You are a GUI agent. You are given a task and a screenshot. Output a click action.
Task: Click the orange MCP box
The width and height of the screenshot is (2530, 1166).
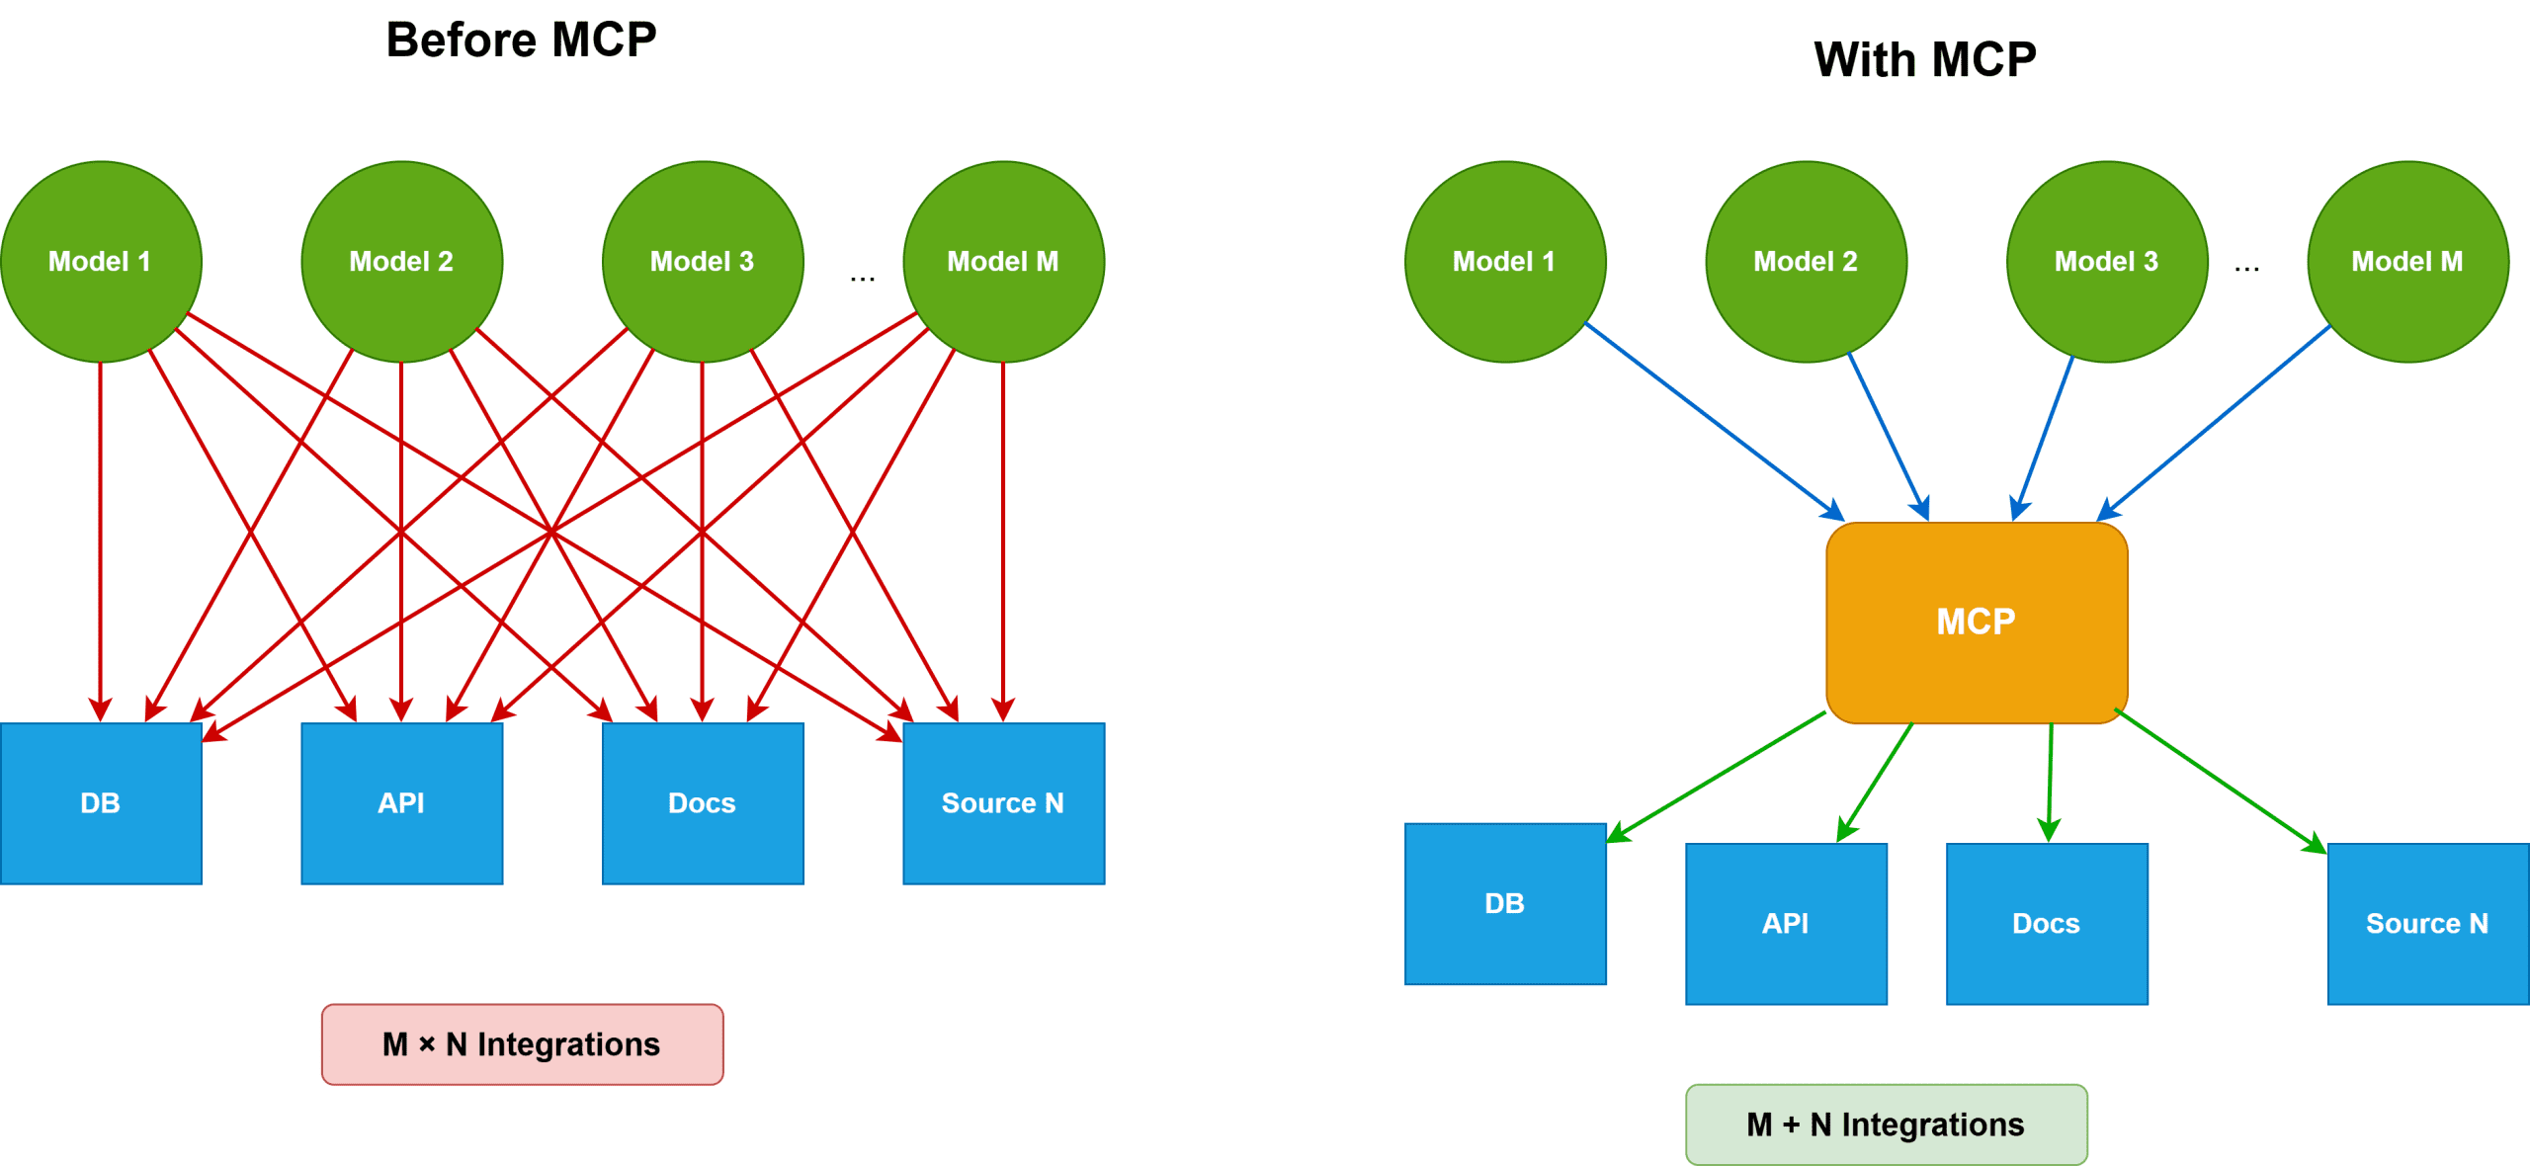click(1977, 623)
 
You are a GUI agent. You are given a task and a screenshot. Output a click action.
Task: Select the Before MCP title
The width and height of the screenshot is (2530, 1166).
click(521, 41)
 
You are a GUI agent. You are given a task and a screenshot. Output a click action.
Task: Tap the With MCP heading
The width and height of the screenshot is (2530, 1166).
click(1924, 59)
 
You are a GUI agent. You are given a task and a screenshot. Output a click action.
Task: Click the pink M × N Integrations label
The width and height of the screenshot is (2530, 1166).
click(522, 1044)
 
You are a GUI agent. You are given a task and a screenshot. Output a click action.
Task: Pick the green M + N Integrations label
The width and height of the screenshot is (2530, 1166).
click(1886, 1124)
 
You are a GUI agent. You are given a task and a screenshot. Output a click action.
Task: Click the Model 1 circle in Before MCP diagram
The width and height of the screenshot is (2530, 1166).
click(101, 261)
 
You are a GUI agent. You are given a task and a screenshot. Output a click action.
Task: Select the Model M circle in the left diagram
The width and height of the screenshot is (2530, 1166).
click(1003, 261)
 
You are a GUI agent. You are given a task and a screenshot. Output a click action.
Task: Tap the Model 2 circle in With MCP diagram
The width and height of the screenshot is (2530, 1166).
click(1806, 261)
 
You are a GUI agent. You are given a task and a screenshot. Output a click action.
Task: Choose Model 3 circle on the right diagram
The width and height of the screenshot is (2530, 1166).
click(2106, 261)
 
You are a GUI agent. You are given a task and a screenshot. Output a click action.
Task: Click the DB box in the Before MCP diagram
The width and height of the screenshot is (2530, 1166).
click(101, 803)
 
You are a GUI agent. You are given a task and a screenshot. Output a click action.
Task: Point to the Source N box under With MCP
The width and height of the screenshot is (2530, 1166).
click(2427, 924)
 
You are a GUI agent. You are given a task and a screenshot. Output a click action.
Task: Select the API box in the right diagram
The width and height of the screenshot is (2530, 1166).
click(1786, 924)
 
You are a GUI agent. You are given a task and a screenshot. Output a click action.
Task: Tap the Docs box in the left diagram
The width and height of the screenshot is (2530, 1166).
click(703, 803)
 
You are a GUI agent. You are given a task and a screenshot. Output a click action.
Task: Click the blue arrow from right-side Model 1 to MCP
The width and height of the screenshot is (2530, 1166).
click(1715, 421)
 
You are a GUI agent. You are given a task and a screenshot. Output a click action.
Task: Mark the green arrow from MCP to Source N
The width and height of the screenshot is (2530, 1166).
click(2219, 780)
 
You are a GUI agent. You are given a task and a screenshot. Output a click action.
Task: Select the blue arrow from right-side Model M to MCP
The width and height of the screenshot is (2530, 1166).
click(2214, 422)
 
